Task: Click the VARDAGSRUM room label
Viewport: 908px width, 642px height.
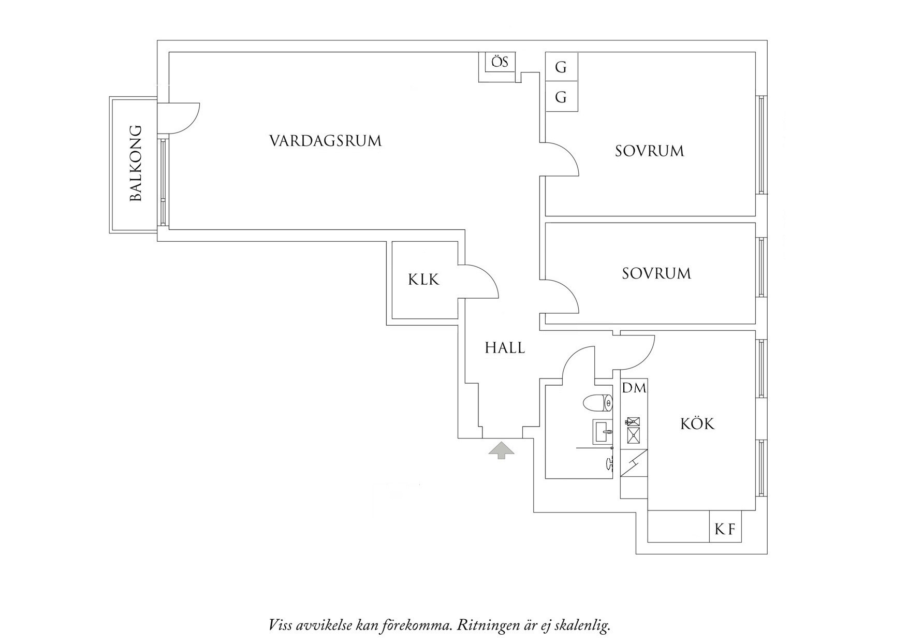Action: [x=325, y=141]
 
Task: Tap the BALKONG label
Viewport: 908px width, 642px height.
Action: [x=135, y=163]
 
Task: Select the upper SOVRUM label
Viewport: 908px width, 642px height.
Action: [x=649, y=151]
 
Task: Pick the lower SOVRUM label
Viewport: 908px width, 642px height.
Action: [x=656, y=273]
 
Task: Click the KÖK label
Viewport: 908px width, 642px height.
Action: [x=697, y=424]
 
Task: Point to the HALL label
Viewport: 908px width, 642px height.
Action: [x=505, y=348]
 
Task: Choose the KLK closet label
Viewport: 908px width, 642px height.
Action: [x=423, y=280]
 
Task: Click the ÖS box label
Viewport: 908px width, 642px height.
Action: [x=500, y=63]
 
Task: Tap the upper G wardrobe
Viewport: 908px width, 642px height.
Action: [x=561, y=67]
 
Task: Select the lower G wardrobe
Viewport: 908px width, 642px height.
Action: [x=561, y=97]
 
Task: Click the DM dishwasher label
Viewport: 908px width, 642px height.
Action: [x=634, y=388]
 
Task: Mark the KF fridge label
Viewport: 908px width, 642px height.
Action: [x=725, y=529]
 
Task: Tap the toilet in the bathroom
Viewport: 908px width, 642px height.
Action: [x=597, y=402]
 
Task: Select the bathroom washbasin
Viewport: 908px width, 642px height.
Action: [x=603, y=431]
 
